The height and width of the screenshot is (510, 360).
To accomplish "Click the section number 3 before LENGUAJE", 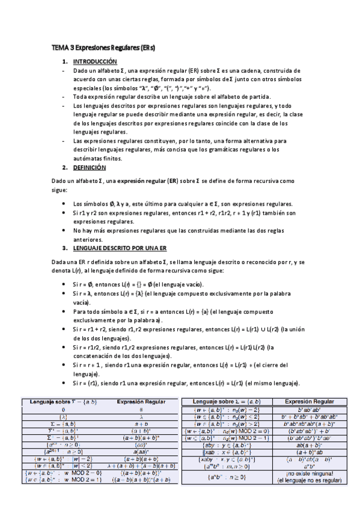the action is click(x=65, y=248).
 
